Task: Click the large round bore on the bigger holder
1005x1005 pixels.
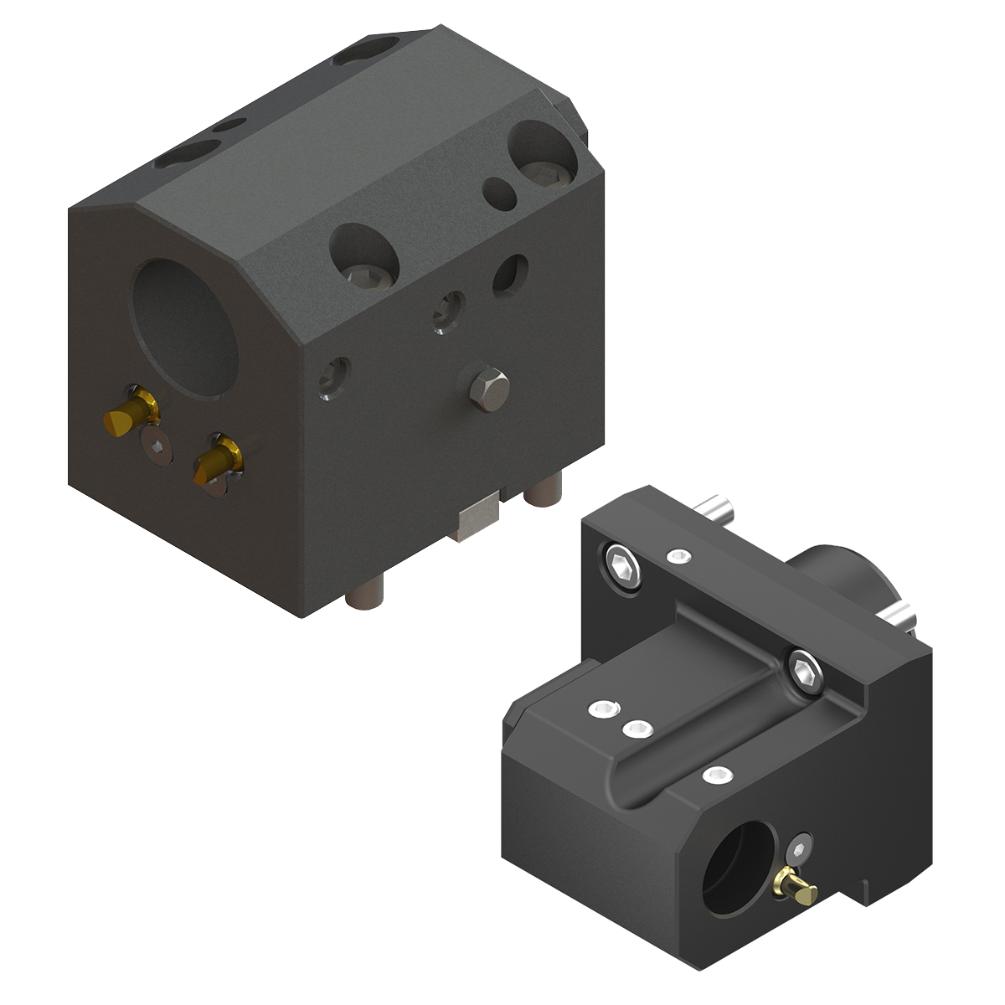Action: click(x=186, y=327)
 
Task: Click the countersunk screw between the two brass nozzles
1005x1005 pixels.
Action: click(x=156, y=448)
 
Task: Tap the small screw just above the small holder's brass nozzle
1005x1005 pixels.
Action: click(x=802, y=848)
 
